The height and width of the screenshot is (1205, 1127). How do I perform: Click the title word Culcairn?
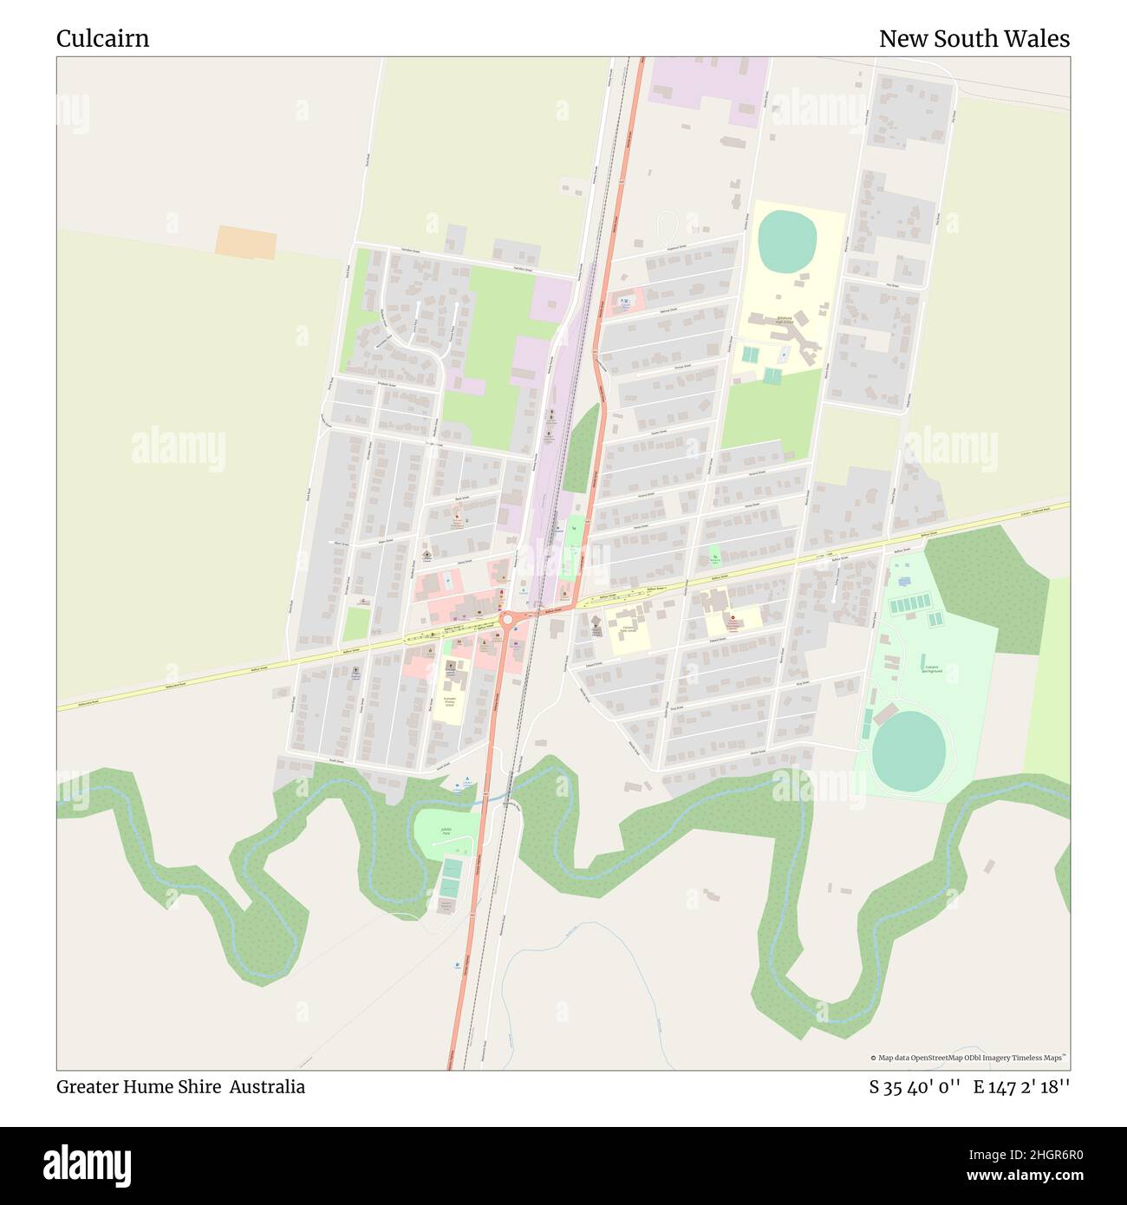(x=102, y=39)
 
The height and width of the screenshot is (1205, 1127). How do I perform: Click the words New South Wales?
(x=974, y=39)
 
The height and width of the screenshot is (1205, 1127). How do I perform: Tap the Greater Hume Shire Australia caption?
(x=180, y=1087)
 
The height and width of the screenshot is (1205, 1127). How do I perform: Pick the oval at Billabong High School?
(x=788, y=231)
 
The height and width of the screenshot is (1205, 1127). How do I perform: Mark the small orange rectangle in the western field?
(x=245, y=242)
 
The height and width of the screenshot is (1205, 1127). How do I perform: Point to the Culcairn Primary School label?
(x=450, y=700)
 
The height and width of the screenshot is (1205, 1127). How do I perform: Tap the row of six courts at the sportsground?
(x=909, y=603)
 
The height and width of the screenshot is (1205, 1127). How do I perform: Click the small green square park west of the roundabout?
(x=356, y=623)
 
